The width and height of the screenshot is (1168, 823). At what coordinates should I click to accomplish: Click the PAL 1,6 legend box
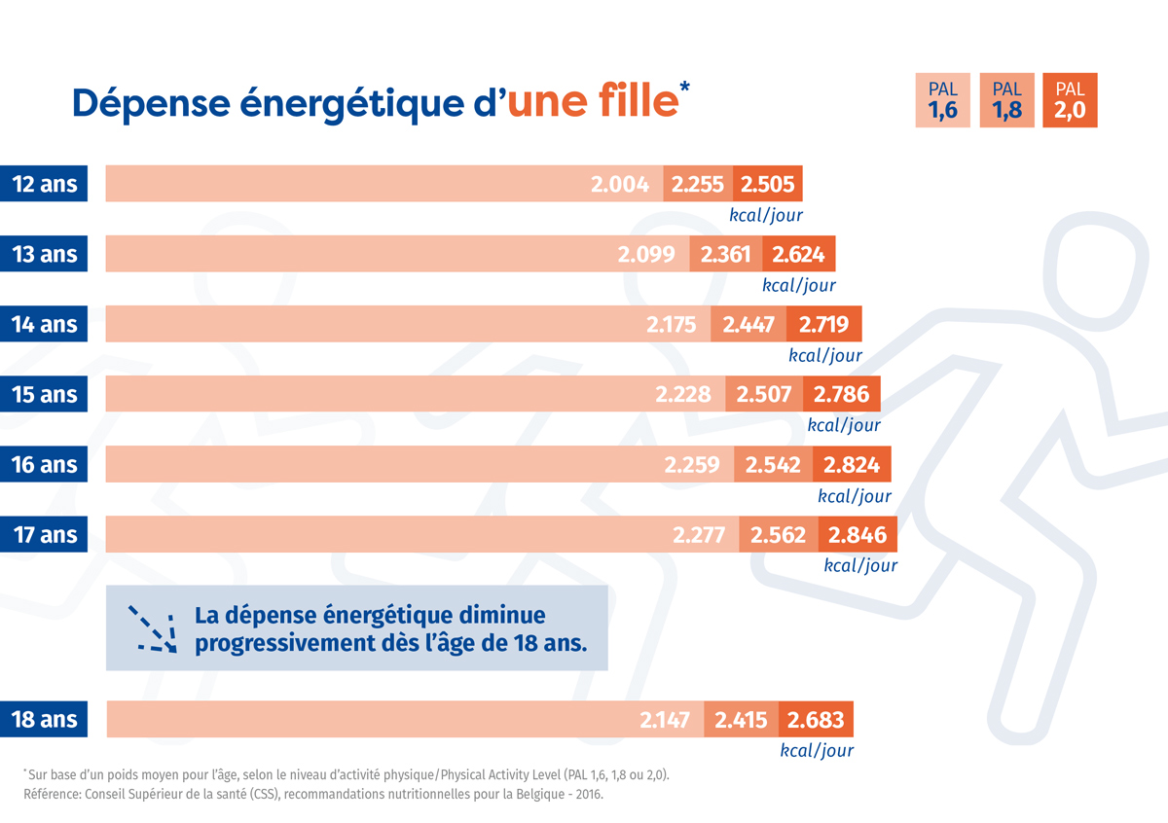pyautogui.click(x=943, y=100)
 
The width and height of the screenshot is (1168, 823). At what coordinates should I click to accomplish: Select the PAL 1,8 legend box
pyautogui.click(x=1006, y=100)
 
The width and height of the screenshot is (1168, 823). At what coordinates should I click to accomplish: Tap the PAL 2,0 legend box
pyautogui.click(x=1069, y=100)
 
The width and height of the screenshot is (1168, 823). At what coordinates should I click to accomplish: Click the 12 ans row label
pyautogui.click(x=44, y=184)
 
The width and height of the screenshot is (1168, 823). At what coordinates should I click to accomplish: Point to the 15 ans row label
pyautogui.click(x=44, y=394)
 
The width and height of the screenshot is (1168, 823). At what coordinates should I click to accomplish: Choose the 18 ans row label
pyautogui.click(x=44, y=721)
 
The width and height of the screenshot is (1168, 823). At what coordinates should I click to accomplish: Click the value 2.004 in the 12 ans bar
pyautogui.click(x=620, y=184)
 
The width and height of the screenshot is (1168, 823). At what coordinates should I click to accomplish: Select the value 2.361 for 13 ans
pyautogui.click(x=725, y=254)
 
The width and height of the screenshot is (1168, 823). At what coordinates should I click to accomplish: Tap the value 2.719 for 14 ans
pyautogui.click(x=823, y=324)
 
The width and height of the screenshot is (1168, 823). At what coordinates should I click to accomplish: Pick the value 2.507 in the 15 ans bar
pyautogui.click(x=764, y=394)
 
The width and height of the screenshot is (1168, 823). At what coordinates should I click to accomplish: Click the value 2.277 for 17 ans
pyautogui.click(x=701, y=534)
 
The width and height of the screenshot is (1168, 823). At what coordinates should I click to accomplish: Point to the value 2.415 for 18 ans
pyautogui.click(x=741, y=721)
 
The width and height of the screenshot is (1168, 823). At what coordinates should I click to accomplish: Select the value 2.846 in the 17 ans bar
pyautogui.click(x=858, y=534)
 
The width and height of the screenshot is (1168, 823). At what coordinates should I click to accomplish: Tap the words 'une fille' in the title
pyautogui.click(x=592, y=101)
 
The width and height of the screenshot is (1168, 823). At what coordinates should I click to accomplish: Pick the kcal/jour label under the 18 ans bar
pyautogui.click(x=817, y=750)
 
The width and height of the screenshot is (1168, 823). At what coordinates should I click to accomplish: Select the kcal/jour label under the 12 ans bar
pyautogui.click(x=766, y=214)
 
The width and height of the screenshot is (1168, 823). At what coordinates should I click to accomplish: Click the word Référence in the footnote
pyautogui.click(x=53, y=795)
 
